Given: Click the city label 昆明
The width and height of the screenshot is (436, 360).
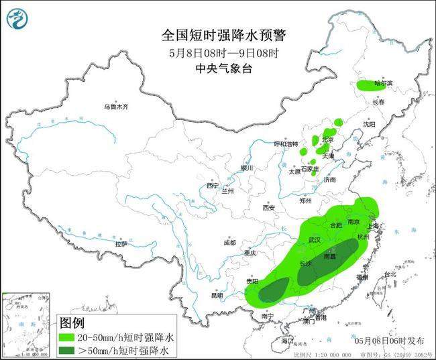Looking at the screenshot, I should [x=217, y=295].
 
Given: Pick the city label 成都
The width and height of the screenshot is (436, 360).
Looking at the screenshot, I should [x=229, y=243].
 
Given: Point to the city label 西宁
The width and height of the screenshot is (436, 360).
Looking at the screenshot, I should [x=213, y=185].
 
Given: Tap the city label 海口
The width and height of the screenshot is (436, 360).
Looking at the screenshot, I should [x=288, y=341].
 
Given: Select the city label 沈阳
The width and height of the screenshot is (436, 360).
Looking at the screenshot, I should [x=388, y=124].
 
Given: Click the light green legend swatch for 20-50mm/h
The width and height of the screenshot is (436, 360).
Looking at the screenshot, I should [x=74, y=336].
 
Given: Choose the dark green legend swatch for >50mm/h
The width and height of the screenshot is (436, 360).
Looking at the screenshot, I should [x=74, y=349].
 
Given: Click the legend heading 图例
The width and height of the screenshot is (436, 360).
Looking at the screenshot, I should [x=74, y=321].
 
